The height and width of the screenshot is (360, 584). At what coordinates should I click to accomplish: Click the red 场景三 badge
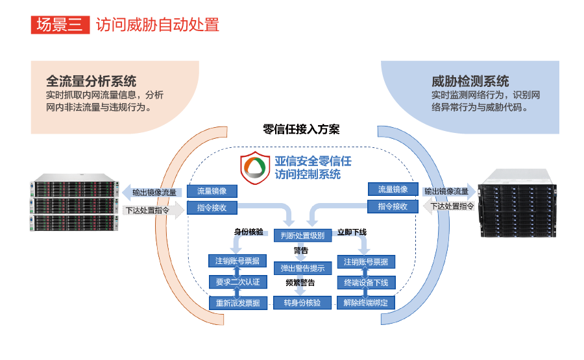pyautogui.click(x=60, y=25)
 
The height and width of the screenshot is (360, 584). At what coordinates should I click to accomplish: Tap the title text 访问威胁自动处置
pyautogui.click(x=158, y=25)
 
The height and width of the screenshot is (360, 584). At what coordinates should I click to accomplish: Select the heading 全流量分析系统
pyautogui.click(x=91, y=81)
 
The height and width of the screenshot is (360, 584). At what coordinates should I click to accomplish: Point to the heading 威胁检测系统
pyautogui.click(x=470, y=81)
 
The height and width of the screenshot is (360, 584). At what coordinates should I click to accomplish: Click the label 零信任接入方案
pyautogui.click(x=292, y=129)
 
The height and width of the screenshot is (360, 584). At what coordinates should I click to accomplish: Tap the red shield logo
pyautogui.click(x=254, y=168)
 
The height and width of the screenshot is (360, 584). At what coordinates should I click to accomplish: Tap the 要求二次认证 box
pyautogui.click(x=237, y=282)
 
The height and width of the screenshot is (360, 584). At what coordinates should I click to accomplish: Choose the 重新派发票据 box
pyautogui.click(x=237, y=302)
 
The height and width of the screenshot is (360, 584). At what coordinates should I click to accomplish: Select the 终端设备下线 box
pyautogui.click(x=366, y=282)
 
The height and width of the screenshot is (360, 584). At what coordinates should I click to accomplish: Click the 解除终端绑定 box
pyautogui.click(x=366, y=302)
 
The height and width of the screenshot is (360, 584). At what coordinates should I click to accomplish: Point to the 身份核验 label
pyautogui.click(x=249, y=232)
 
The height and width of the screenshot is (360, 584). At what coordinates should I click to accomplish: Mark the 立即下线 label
pyautogui.click(x=352, y=232)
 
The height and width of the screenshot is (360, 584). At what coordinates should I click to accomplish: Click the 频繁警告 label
pyautogui.click(x=300, y=283)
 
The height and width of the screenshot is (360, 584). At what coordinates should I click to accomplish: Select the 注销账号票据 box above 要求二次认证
pyautogui.click(x=237, y=261)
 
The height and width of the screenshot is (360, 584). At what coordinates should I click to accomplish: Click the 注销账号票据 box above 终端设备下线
pyautogui.click(x=366, y=261)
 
